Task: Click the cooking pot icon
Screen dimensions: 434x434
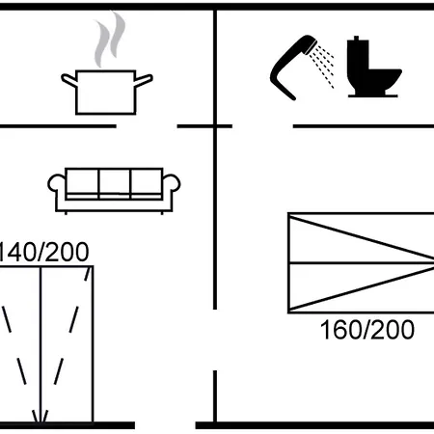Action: [x=106, y=92]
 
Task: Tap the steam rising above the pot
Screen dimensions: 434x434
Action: [x=109, y=39]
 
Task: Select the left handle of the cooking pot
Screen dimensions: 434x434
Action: [x=68, y=80]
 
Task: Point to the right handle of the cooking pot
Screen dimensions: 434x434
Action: [x=144, y=80]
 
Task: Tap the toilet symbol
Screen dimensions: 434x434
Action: [x=373, y=67]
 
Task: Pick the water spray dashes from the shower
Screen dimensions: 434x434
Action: [x=322, y=66]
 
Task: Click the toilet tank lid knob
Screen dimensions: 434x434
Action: [x=356, y=38]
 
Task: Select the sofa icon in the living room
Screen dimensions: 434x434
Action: [x=114, y=191]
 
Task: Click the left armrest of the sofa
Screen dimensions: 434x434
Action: [x=56, y=186]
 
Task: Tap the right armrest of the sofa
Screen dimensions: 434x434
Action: [x=172, y=186]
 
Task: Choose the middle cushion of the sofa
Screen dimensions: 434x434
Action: [x=115, y=182]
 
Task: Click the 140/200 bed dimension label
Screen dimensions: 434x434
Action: [x=43, y=252]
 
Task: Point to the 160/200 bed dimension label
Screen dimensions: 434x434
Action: [x=367, y=330]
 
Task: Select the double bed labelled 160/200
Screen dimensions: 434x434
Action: [x=361, y=262]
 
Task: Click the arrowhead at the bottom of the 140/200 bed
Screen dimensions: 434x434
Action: [x=41, y=417]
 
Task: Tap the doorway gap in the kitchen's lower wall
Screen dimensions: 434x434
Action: [x=147, y=126]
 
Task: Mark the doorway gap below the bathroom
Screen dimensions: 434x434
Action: [x=262, y=126]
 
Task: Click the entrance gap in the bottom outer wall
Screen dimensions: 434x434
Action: [x=165, y=425]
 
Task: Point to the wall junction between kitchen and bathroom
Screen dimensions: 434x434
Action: [x=215, y=126]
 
